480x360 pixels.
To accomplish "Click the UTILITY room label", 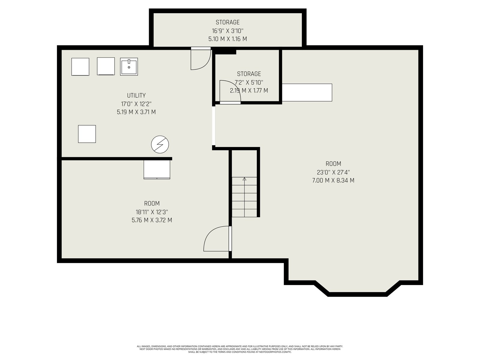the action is (136, 95).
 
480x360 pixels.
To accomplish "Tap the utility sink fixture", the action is (129, 67).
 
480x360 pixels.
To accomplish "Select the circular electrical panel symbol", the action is (160, 145).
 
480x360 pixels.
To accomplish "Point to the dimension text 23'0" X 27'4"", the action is (333, 172).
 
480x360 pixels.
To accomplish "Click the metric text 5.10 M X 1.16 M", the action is (228, 39).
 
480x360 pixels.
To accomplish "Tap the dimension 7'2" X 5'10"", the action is (249, 82).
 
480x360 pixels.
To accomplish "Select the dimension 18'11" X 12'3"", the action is (152, 212).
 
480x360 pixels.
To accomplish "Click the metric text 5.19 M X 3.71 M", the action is (136, 112).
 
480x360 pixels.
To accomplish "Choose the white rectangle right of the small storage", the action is (307, 92).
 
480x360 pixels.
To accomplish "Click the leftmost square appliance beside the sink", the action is (80, 67).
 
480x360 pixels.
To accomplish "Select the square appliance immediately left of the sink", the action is (106, 66).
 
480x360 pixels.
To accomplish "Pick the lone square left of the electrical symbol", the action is (87, 134).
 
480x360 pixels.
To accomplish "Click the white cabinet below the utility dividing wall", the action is (157, 169).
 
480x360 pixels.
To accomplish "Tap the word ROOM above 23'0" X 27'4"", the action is (333, 164).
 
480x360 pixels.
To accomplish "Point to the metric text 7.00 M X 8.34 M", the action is (333, 181).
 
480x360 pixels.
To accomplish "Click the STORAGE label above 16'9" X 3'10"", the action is (228, 22).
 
